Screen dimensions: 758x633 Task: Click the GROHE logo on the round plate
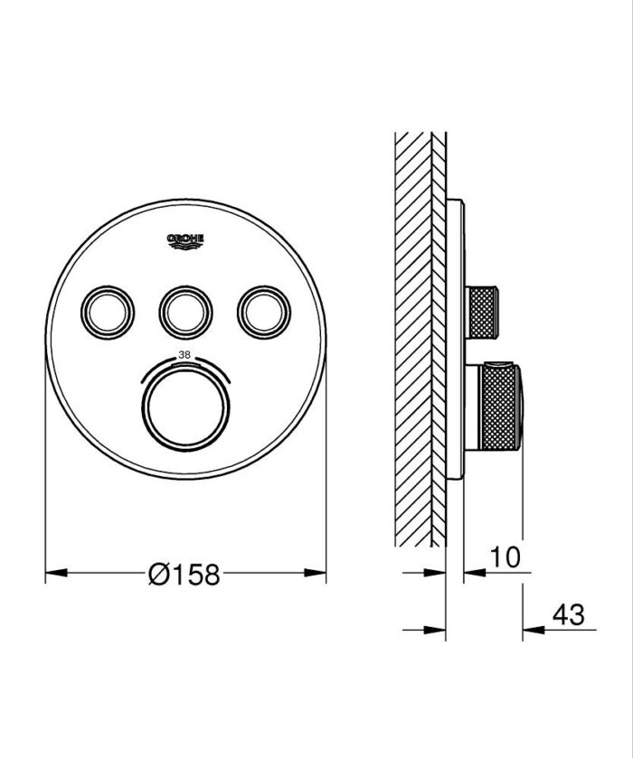point(185,239)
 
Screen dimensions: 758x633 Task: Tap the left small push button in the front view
point(109,312)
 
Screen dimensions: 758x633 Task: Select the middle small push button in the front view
point(185,312)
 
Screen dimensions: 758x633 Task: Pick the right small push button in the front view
point(263,312)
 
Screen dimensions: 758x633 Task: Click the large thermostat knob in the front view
point(185,403)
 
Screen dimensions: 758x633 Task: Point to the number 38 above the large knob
point(184,354)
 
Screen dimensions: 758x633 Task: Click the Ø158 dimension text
point(184,574)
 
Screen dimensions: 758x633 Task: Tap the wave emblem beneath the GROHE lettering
point(185,245)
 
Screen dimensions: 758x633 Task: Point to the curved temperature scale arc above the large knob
point(185,363)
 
